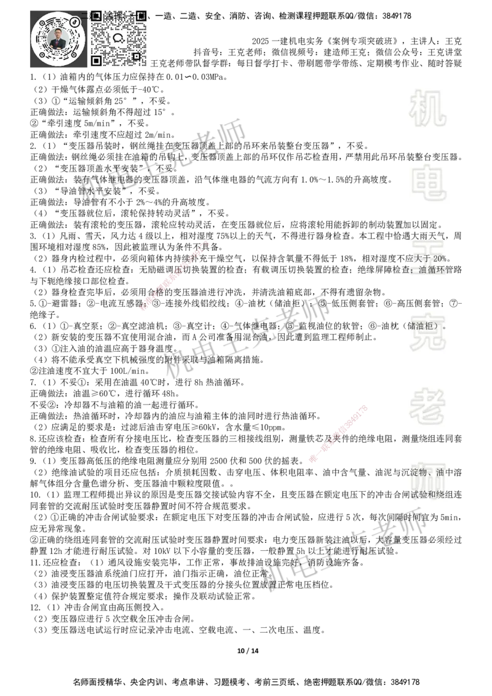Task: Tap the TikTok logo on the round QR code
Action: click(x=75, y=22)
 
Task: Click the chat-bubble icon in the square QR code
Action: click(x=119, y=38)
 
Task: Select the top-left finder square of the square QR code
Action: click(x=96, y=16)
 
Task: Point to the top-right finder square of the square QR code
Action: click(x=141, y=16)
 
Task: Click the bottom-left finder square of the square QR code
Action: click(x=96, y=60)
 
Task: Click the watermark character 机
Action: click(x=428, y=108)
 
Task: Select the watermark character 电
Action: click(x=430, y=184)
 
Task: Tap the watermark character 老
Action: click(x=428, y=406)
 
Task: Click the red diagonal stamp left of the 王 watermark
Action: click(x=175, y=276)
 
